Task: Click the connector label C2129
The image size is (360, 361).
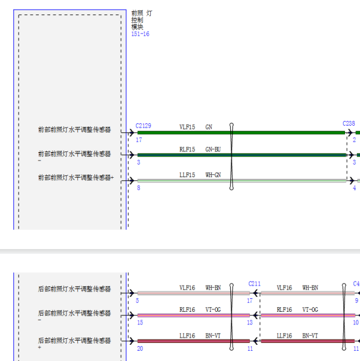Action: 143,126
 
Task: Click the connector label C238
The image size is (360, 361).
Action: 349,124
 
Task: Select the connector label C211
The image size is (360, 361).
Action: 255,284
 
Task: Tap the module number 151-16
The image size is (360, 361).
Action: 141,34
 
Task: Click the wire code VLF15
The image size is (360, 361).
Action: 187,127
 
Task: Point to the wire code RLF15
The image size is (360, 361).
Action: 187,150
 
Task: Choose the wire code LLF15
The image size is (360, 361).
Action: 187,175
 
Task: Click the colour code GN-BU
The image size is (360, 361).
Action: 213,150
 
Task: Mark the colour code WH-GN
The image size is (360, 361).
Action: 213,175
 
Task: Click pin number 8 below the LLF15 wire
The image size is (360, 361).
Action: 139,188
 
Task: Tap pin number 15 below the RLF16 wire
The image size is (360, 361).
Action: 140,323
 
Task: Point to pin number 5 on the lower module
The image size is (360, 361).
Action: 138,301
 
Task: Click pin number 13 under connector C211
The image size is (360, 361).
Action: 250,323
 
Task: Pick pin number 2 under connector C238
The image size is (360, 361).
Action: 354,140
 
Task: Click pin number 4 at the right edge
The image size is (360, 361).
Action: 354,188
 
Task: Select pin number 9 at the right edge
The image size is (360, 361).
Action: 356,301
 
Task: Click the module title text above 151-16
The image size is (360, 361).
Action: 141,19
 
